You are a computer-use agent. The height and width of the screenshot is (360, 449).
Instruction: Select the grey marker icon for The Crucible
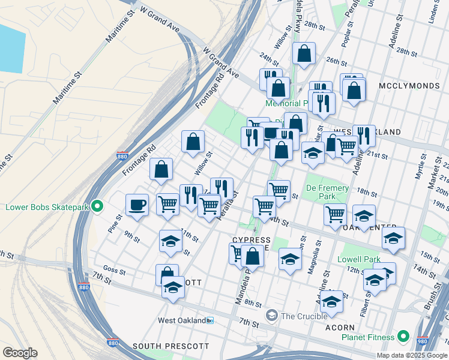272,316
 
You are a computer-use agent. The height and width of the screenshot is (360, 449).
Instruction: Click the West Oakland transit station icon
209,320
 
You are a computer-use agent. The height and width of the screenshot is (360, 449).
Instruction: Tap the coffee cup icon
137,205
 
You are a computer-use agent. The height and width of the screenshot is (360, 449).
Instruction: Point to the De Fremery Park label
327,192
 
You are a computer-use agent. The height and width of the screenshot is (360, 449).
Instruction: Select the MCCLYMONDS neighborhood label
409,86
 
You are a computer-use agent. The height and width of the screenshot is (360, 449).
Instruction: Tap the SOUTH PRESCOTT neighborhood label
170,346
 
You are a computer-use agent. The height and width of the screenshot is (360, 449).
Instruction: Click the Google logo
19,353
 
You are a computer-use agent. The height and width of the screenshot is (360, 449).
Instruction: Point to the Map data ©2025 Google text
412,355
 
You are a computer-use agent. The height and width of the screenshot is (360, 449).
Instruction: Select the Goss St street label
113,271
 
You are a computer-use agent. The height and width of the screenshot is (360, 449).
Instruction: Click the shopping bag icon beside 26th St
304,53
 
